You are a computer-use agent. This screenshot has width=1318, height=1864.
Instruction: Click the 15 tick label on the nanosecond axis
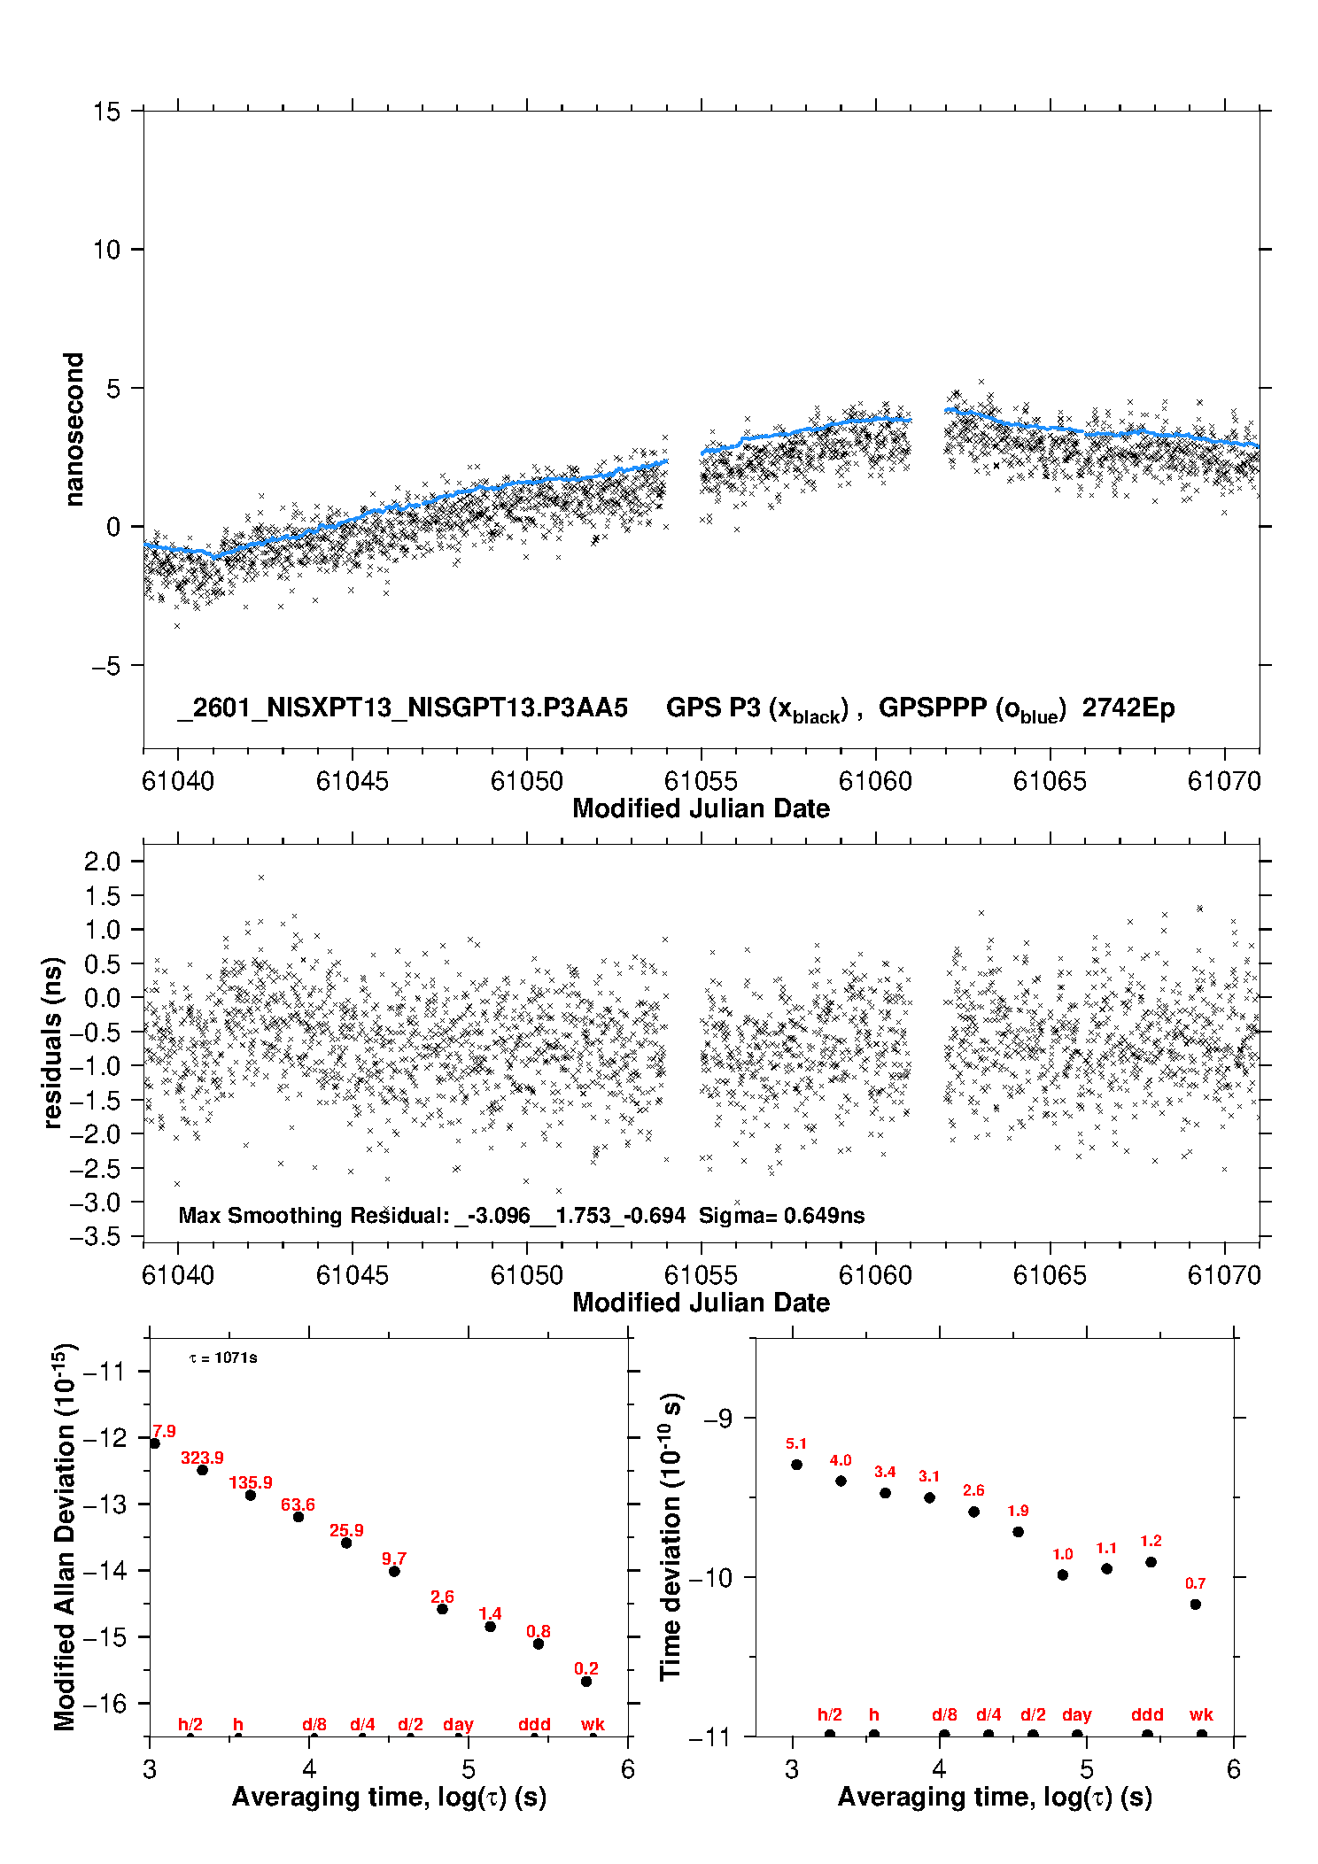pos(106,112)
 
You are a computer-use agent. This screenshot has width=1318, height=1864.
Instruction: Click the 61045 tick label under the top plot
pos(352,781)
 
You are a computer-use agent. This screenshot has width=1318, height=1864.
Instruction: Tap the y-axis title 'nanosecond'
pos(74,429)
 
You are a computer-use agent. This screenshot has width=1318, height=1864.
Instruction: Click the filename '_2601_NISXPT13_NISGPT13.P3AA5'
pos(403,708)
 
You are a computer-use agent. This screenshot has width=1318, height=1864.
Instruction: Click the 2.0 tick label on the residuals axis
pos(102,861)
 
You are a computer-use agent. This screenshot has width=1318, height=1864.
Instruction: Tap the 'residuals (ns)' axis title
pos(53,1042)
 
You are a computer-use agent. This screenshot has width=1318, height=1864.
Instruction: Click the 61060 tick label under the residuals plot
pos(875,1275)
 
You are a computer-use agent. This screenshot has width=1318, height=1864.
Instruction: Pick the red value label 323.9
pos(202,1458)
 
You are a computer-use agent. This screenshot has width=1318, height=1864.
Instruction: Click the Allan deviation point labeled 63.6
pos(298,1517)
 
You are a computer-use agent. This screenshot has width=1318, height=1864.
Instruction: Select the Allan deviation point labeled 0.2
pos(586,1682)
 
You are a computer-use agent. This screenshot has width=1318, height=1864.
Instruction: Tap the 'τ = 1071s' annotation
pos(223,1358)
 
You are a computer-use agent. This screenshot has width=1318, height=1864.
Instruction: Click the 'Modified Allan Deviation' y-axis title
pos(65,1536)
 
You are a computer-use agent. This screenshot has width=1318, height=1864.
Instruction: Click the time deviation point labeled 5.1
pos(796,1465)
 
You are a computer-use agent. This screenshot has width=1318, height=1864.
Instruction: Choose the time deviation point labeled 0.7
pos(1196,1605)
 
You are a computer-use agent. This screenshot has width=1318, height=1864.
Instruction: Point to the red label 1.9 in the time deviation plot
pos(1018,1511)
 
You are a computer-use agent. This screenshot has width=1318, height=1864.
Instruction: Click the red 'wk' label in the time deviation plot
pos(1201,1715)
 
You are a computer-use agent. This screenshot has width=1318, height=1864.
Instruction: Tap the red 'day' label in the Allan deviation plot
pos(458,1724)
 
